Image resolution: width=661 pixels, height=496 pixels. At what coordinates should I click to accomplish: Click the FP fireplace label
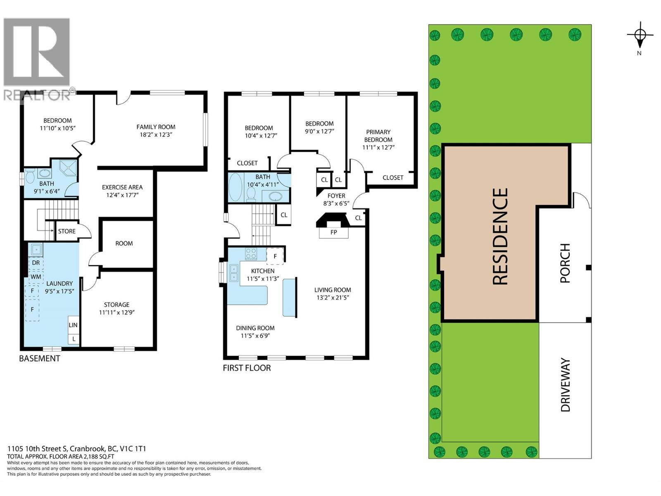pos(333,232)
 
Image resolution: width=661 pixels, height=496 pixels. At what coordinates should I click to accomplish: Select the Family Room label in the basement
pos(156,127)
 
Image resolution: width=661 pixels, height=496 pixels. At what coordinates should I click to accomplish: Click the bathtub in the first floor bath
pos(235,187)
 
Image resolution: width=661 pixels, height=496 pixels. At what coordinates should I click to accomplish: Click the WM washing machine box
pos(36,277)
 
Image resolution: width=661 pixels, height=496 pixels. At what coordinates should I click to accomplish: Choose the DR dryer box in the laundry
pos(36,263)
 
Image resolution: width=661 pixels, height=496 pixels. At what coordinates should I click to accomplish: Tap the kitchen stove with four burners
pos(251,253)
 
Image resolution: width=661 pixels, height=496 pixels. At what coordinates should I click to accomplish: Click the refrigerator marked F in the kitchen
pos(275,256)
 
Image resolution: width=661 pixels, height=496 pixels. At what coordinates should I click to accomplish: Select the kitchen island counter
pos(290,297)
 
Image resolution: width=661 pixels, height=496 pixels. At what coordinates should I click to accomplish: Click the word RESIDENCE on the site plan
pos(500,236)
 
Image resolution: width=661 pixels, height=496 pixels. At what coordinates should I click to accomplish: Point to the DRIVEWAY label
pos(565,385)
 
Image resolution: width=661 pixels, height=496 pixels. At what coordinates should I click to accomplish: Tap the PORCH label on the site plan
pos(565,263)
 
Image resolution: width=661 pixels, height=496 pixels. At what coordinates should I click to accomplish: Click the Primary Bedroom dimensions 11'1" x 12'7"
pos(378,147)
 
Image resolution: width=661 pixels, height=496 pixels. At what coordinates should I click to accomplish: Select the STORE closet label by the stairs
pos(67,231)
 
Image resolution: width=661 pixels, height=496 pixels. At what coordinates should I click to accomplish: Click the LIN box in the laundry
pos(73,325)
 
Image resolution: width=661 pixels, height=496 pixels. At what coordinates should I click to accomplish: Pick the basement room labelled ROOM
pos(124,243)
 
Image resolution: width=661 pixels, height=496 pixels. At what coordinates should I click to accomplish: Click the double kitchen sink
pos(233,273)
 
